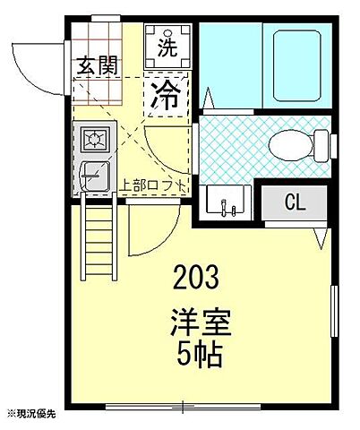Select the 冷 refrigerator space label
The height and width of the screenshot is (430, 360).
(x=167, y=91)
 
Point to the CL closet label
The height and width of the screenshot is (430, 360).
(x=294, y=202)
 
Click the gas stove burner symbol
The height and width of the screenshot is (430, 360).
(x=92, y=139)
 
